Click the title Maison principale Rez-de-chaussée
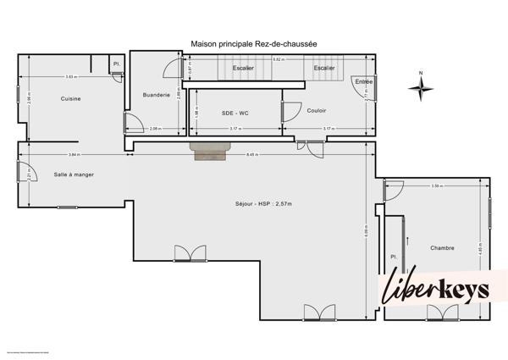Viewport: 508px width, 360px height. coord(254,45)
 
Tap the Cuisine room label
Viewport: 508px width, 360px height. coord(70,99)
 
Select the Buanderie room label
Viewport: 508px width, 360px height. coord(157,95)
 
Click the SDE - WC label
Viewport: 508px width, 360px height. coord(234,112)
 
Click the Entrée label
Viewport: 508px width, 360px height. coord(364,81)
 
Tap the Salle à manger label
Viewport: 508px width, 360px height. coord(74,174)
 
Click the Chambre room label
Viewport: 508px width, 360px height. coord(442,248)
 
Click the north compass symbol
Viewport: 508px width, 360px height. coord(421,86)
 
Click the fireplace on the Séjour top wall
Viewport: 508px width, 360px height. coord(210,151)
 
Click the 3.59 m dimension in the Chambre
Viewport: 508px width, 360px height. coord(437,186)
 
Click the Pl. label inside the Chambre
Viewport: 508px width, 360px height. coord(394,256)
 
